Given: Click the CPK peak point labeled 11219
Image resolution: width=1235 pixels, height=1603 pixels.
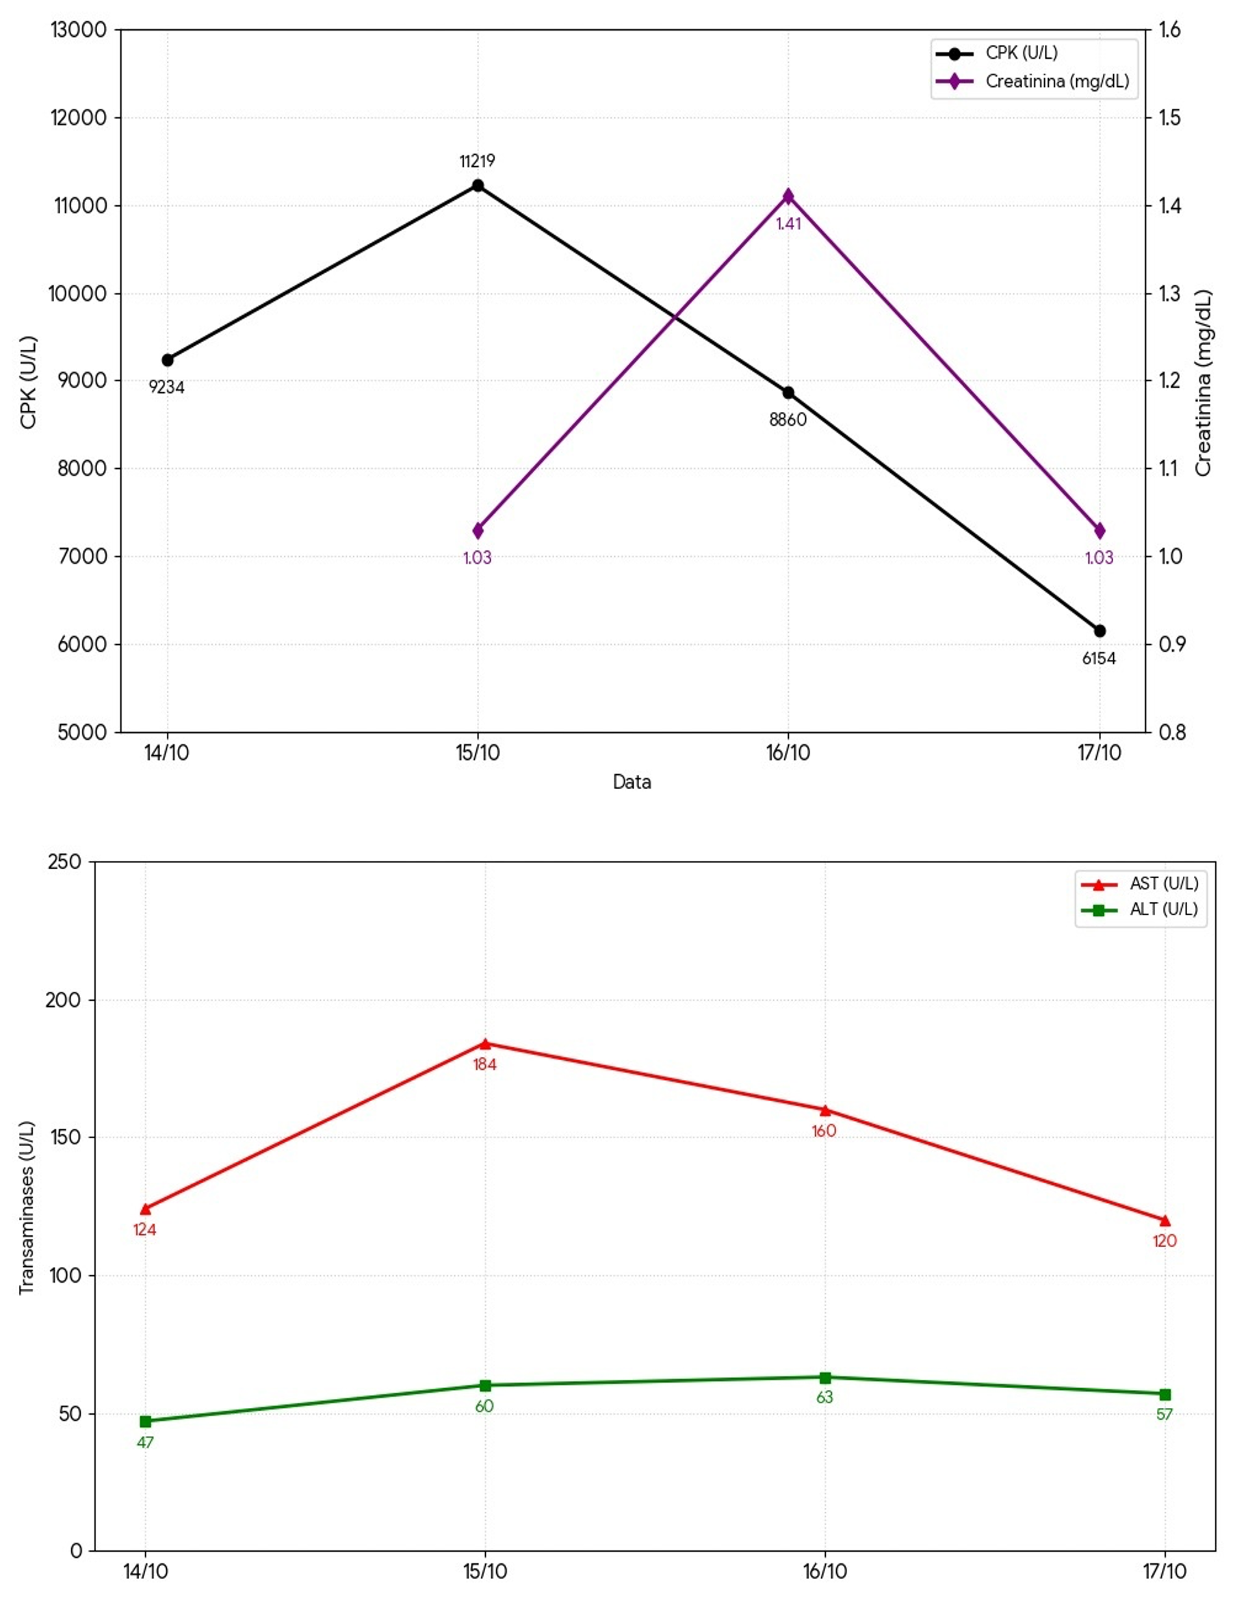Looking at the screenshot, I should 478,185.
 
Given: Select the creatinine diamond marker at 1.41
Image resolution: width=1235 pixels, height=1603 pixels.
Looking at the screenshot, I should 788,196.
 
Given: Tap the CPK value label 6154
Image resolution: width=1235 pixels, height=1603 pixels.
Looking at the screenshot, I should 1099,658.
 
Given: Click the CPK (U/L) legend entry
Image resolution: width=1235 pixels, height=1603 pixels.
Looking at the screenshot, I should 1021,53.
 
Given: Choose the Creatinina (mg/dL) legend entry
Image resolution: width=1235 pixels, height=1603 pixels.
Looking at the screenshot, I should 1056,81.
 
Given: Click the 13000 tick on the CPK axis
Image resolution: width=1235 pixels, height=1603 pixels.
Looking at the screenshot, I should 79,30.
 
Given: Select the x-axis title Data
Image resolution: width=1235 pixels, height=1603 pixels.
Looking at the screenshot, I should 632,782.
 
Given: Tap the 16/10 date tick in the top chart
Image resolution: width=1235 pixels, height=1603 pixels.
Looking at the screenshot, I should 788,753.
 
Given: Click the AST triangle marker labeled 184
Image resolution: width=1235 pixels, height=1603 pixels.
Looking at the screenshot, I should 485,1044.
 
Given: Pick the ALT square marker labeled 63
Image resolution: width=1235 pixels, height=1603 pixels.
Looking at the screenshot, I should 824,1378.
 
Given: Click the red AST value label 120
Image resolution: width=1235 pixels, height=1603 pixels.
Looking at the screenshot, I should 1165,1240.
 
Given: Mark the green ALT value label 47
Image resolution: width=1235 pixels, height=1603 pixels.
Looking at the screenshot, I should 145,1442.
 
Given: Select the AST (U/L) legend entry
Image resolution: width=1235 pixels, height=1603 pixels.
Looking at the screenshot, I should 1163,884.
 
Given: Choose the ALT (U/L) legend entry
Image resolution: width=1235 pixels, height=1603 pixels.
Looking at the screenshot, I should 1163,910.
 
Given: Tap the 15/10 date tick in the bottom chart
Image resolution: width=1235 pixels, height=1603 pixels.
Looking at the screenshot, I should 485,1572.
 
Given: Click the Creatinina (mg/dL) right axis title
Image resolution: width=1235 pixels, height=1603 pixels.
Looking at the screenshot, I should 1204,383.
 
